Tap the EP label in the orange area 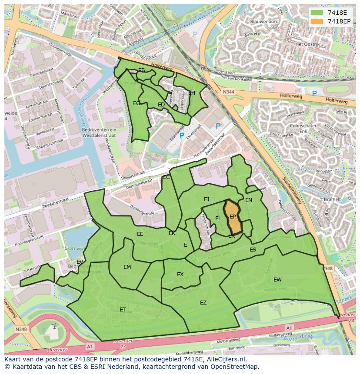[x=233, y=216]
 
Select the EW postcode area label [x=277, y=279]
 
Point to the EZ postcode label [x=203, y=303]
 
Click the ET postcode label [x=123, y=309]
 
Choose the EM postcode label [x=127, y=267]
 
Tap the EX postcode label [x=180, y=274]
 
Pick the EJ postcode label [x=207, y=199]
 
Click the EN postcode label [x=249, y=200]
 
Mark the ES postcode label [x=253, y=250]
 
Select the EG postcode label [x=137, y=103]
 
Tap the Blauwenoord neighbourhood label [x=264, y=21]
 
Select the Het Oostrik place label [x=307, y=44]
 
